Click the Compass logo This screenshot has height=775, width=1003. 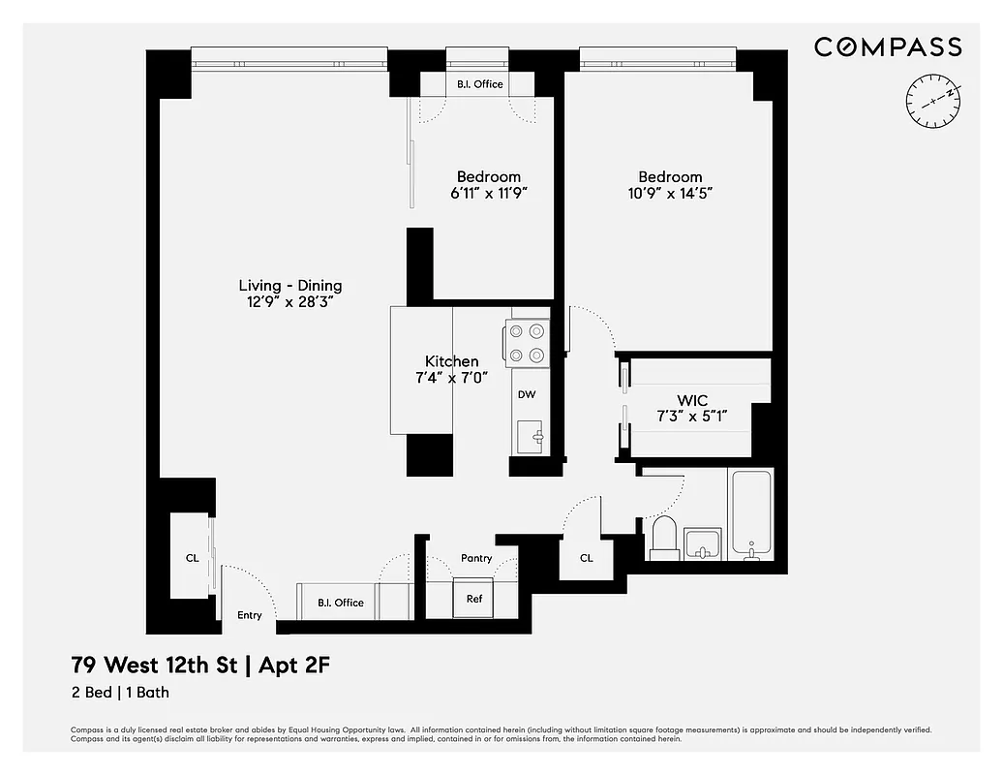pos(887,46)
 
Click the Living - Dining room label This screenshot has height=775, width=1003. pos(290,286)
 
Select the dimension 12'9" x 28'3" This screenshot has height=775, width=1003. pos(290,302)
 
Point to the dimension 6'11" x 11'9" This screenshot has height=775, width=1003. pos(489,193)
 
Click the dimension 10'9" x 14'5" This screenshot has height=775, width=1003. pos(670,193)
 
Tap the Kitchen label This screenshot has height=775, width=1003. pos(451,361)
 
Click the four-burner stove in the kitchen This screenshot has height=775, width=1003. pos(527,343)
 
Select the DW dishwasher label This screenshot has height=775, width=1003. pos(527,394)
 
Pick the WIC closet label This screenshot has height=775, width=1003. pos(691,400)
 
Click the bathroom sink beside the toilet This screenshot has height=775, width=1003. pos(701,543)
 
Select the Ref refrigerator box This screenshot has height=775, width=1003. pos(474,598)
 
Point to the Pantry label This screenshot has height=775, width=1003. pos(476,558)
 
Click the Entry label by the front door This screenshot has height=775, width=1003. pos(250,615)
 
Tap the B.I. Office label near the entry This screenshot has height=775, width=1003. pos(341,603)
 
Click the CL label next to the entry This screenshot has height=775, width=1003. pos(192,558)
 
